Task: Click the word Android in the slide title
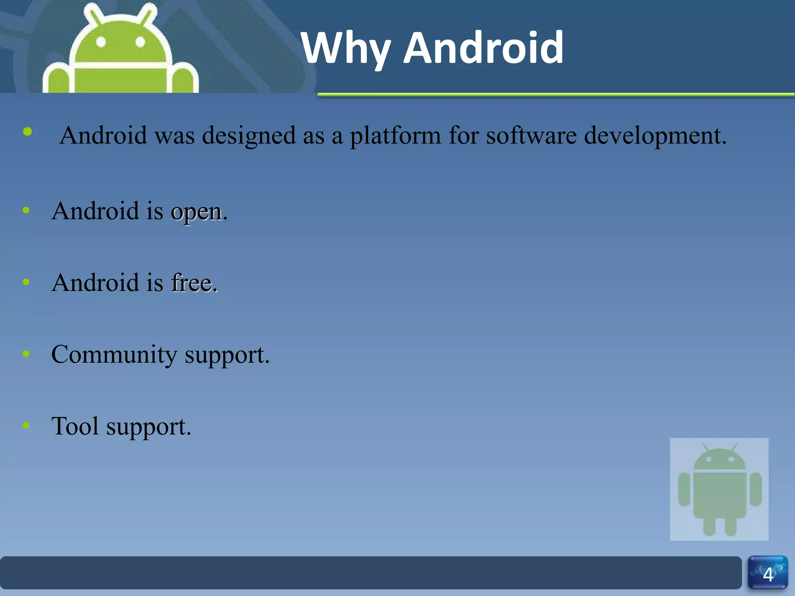483,48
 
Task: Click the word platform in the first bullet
395,136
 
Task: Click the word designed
249,136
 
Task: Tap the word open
196,212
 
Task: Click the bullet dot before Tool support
26,425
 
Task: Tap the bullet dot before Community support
26,353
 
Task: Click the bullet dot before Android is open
26,211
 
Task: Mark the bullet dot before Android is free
26,282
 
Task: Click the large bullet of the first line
28,132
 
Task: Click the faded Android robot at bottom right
719,489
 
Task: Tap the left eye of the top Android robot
101,42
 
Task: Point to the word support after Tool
149,427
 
